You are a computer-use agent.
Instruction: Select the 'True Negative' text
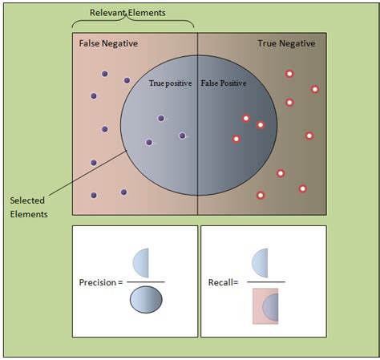click(286, 43)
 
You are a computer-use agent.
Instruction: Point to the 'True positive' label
click(171, 83)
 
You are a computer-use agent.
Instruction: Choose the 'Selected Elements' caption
click(30, 207)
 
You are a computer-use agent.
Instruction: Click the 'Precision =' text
click(101, 282)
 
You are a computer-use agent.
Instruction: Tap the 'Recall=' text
click(223, 282)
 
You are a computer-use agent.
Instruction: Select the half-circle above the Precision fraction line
click(141, 262)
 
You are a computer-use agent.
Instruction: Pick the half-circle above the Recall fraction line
click(261, 262)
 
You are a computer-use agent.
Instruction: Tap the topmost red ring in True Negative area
click(289, 74)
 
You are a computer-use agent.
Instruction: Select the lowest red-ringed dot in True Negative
click(260, 195)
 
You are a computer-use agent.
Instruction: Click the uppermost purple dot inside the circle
click(161, 119)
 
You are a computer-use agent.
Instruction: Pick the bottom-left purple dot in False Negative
click(94, 195)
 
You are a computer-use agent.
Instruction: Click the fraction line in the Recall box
click(264, 282)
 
